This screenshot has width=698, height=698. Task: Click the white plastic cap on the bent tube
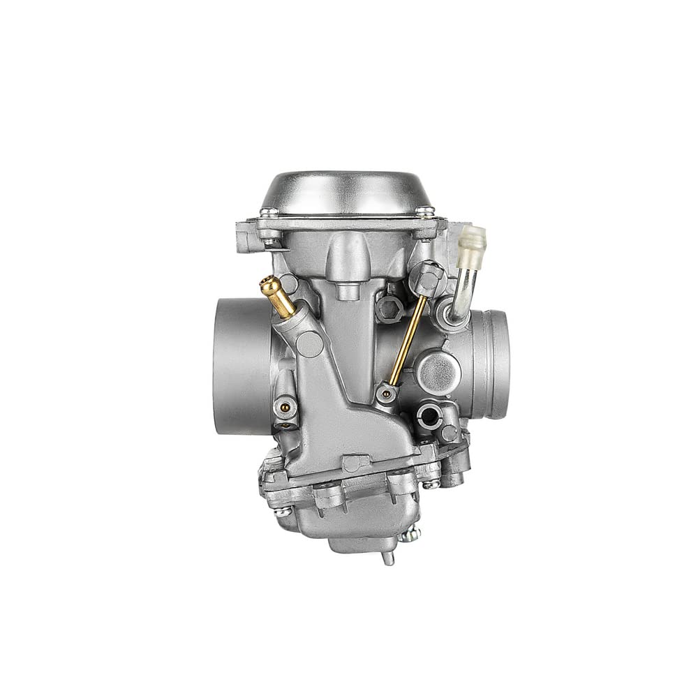[473, 241]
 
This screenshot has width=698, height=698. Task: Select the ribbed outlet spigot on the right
[493, 363]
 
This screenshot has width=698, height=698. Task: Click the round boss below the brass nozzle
[307, 341]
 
